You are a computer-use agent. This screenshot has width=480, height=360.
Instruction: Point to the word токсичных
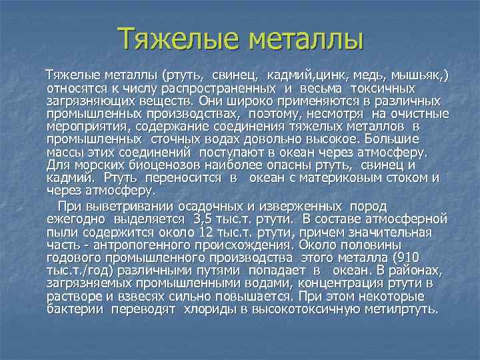coord(383,89)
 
